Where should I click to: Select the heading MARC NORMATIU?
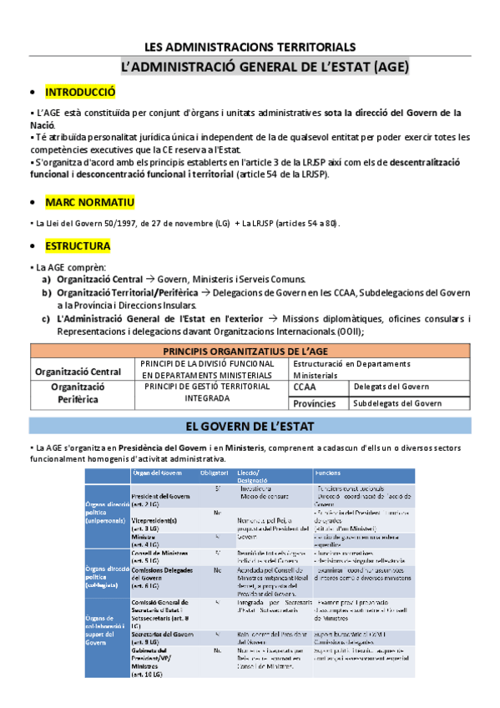click(88, 203)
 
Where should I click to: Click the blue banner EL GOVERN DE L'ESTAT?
click(250, 426)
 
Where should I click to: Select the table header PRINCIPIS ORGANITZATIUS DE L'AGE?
click(250, 351)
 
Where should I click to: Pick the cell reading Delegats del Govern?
click(391, 387)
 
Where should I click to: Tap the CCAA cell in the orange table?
click(306, 387)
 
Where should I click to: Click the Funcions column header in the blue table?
click(327, 473)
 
